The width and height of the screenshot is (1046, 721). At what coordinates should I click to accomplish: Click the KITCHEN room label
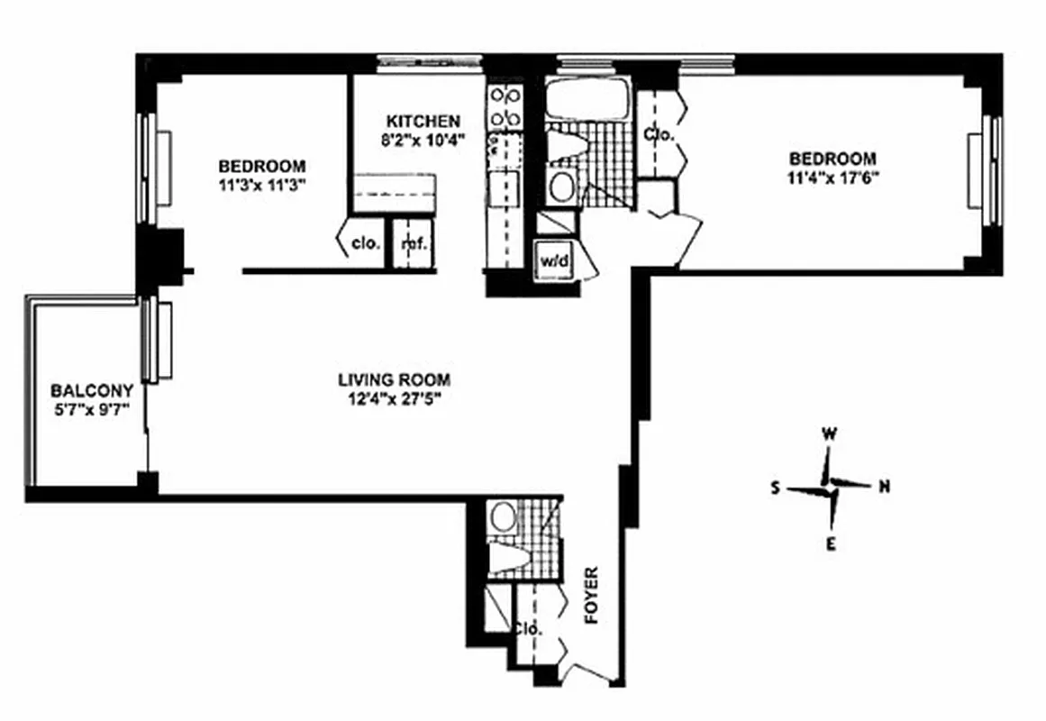pos(423,121)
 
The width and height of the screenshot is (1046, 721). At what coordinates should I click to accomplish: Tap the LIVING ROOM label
pos(394,379)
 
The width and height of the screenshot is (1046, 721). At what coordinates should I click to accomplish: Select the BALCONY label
pos(92,390)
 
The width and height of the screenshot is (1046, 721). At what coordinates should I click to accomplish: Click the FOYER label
pos(592,597)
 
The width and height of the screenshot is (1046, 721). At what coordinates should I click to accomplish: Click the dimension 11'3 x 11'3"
pos(262,185)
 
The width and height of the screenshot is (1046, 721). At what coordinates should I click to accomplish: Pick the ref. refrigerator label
pos(414,243)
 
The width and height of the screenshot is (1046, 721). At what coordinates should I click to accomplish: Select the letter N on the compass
pos(885,487)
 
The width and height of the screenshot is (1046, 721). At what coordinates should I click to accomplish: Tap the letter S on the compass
pos(774,488)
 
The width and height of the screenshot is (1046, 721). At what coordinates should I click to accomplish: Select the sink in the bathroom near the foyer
pos(501,516)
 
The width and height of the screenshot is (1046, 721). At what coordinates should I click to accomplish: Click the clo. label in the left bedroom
pos(365,243)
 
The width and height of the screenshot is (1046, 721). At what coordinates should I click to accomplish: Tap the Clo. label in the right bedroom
pos(659,134)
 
